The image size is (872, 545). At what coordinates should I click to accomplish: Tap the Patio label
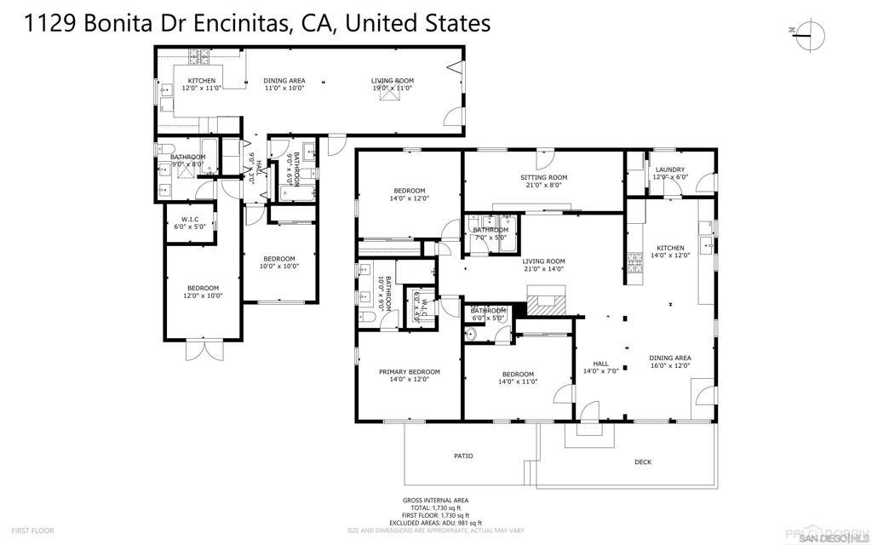tap(462, 456)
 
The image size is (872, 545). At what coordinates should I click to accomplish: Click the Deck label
tap(643, 462)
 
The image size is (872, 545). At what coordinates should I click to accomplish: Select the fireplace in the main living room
tap(546, 301)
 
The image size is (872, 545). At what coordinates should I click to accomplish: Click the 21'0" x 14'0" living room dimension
tap(543, 269)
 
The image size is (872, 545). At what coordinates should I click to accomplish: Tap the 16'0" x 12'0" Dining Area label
tap(670, 362)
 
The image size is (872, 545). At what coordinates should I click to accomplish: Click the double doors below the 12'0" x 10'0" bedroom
tap(202, 350)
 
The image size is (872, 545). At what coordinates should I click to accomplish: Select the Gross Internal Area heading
tap(435, 501)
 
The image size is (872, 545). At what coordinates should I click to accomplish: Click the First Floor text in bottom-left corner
tap(34, 531)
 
